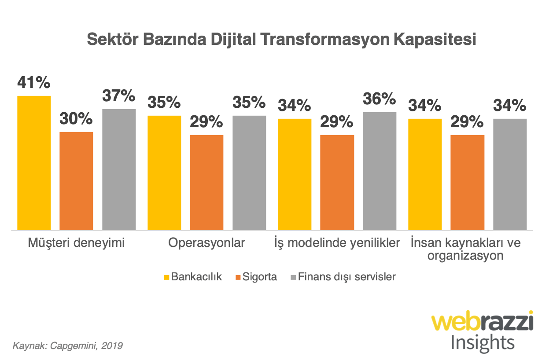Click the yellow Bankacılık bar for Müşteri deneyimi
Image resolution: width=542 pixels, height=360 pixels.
(34, 163)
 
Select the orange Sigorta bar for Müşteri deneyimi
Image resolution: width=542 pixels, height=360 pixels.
(76, 181)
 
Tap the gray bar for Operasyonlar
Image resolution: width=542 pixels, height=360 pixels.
(249, 173)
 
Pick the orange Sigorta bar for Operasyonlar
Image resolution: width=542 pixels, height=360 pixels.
(206, 182)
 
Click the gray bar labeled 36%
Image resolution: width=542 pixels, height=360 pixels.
(380, 171)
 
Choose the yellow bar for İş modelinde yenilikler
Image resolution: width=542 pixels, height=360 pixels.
(294, 174)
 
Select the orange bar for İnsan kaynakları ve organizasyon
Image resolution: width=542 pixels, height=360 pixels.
(468, 182)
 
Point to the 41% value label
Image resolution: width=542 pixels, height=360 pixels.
(34, 83)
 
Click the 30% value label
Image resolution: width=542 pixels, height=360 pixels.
(76, 119)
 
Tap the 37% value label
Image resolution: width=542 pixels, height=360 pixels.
(119, 96)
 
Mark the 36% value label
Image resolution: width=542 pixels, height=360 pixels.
(380, 99)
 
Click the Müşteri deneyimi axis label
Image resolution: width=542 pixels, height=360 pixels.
(76, 243)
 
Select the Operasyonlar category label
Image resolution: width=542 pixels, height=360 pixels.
(206, 243)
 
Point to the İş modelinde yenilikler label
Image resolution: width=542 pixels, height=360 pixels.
(337, 243)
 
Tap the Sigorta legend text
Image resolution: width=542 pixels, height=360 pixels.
(262, 277)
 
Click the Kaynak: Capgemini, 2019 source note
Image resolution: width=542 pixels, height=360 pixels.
(67, 345)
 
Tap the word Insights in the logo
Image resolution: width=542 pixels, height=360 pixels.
(482, 342)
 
